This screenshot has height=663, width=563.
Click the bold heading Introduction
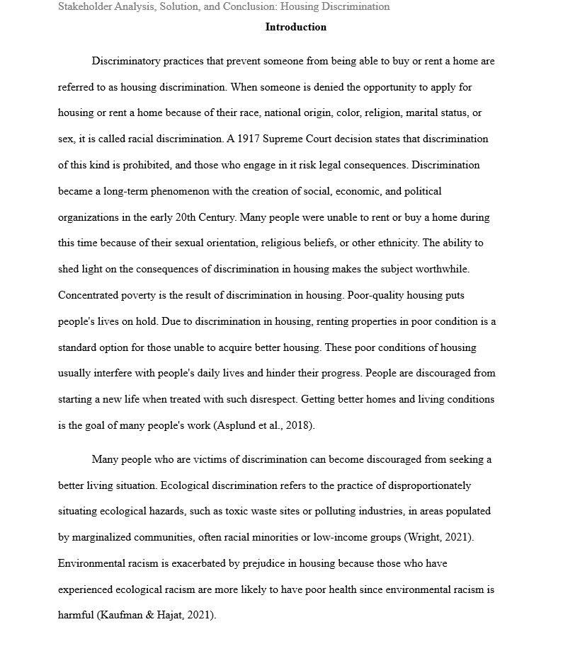click(x=295, y=28)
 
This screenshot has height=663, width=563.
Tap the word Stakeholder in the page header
click(x=85, y=7)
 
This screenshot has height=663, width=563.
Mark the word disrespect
click(x=269, y=400)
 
